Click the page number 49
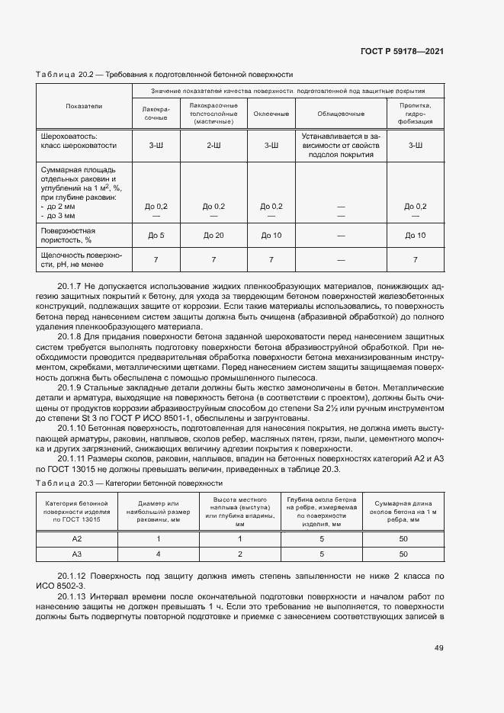438,648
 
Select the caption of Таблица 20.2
165,75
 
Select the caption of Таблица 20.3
129,483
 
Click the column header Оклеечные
271,114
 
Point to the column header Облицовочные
341,114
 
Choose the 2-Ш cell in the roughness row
213,145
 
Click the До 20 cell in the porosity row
213,235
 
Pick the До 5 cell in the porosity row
156,235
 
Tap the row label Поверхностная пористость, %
68,235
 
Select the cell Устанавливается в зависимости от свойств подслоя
341,145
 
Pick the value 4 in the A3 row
158,554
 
